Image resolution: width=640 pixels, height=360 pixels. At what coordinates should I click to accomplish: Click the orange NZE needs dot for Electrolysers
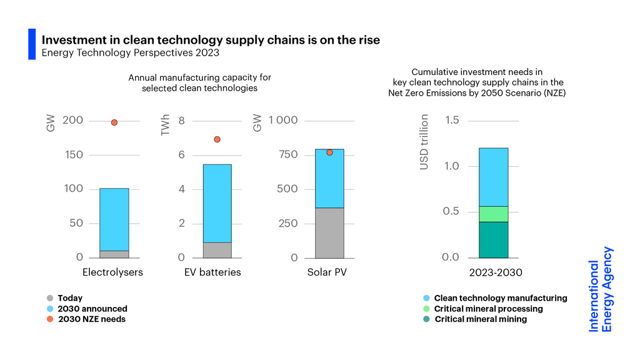[114, 122]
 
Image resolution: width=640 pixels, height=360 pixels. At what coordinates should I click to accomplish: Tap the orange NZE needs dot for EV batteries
[217, 139]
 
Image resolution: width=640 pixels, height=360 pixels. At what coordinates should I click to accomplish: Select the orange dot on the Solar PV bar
[329, 152]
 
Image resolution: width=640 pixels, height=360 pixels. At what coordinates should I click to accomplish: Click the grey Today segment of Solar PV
[329, 232]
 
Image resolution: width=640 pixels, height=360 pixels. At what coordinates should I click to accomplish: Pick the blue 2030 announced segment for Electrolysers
[114, 219]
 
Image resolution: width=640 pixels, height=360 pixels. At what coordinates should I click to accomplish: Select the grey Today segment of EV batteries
[217, 250]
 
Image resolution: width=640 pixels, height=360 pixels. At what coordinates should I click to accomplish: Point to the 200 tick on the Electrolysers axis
[73, 120]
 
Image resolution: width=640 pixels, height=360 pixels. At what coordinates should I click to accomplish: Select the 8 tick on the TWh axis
[182, 120]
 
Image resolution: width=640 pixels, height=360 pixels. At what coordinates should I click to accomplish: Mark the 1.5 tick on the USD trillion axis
[452, 120]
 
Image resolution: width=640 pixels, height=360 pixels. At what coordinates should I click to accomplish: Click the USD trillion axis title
[424, 142]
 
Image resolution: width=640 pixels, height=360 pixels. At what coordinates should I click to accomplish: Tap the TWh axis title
[166, 125]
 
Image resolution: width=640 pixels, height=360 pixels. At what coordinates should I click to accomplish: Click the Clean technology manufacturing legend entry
[500, 298]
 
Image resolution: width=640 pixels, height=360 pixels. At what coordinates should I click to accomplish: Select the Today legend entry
[69, 298]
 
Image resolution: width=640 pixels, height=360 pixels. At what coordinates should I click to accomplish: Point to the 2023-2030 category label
[496, 272]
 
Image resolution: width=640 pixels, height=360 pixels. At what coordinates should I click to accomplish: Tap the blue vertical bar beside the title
[32, 44]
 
